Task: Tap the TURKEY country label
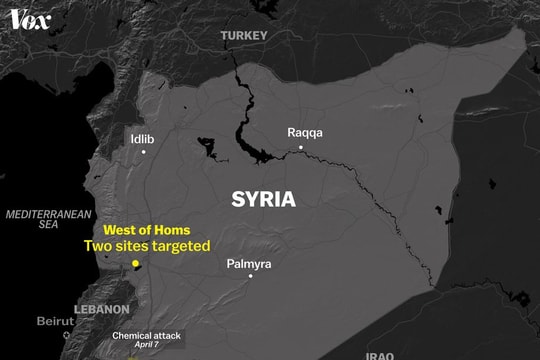pos(245,36)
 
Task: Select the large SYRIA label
pos(264,198)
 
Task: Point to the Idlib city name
pos(143,139)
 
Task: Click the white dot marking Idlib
pos(144,152)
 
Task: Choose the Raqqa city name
pos(305,132)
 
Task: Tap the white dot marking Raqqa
pos(300,148)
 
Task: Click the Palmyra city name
pos(248,264)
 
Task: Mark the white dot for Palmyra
pos(250,276)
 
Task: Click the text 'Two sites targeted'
pos(146,246)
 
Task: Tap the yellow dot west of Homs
pos(136,264)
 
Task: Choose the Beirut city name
pos(55,321)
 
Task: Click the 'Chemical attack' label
pos(147,336)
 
